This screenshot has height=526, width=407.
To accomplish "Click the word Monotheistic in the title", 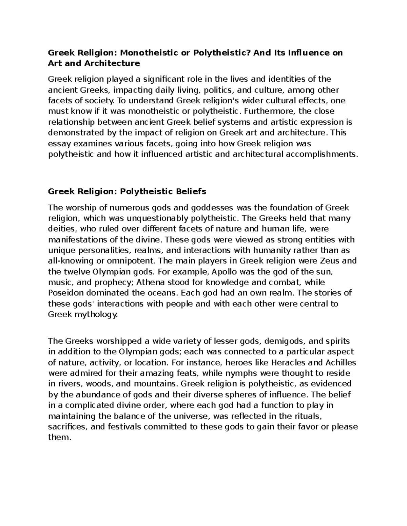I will (152, 53).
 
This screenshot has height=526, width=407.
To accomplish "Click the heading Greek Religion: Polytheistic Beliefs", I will (127, 191).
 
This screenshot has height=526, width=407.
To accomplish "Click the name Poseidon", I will (63, 293).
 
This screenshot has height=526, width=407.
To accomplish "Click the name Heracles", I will (288, 363).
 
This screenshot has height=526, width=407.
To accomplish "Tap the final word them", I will (60, 438).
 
